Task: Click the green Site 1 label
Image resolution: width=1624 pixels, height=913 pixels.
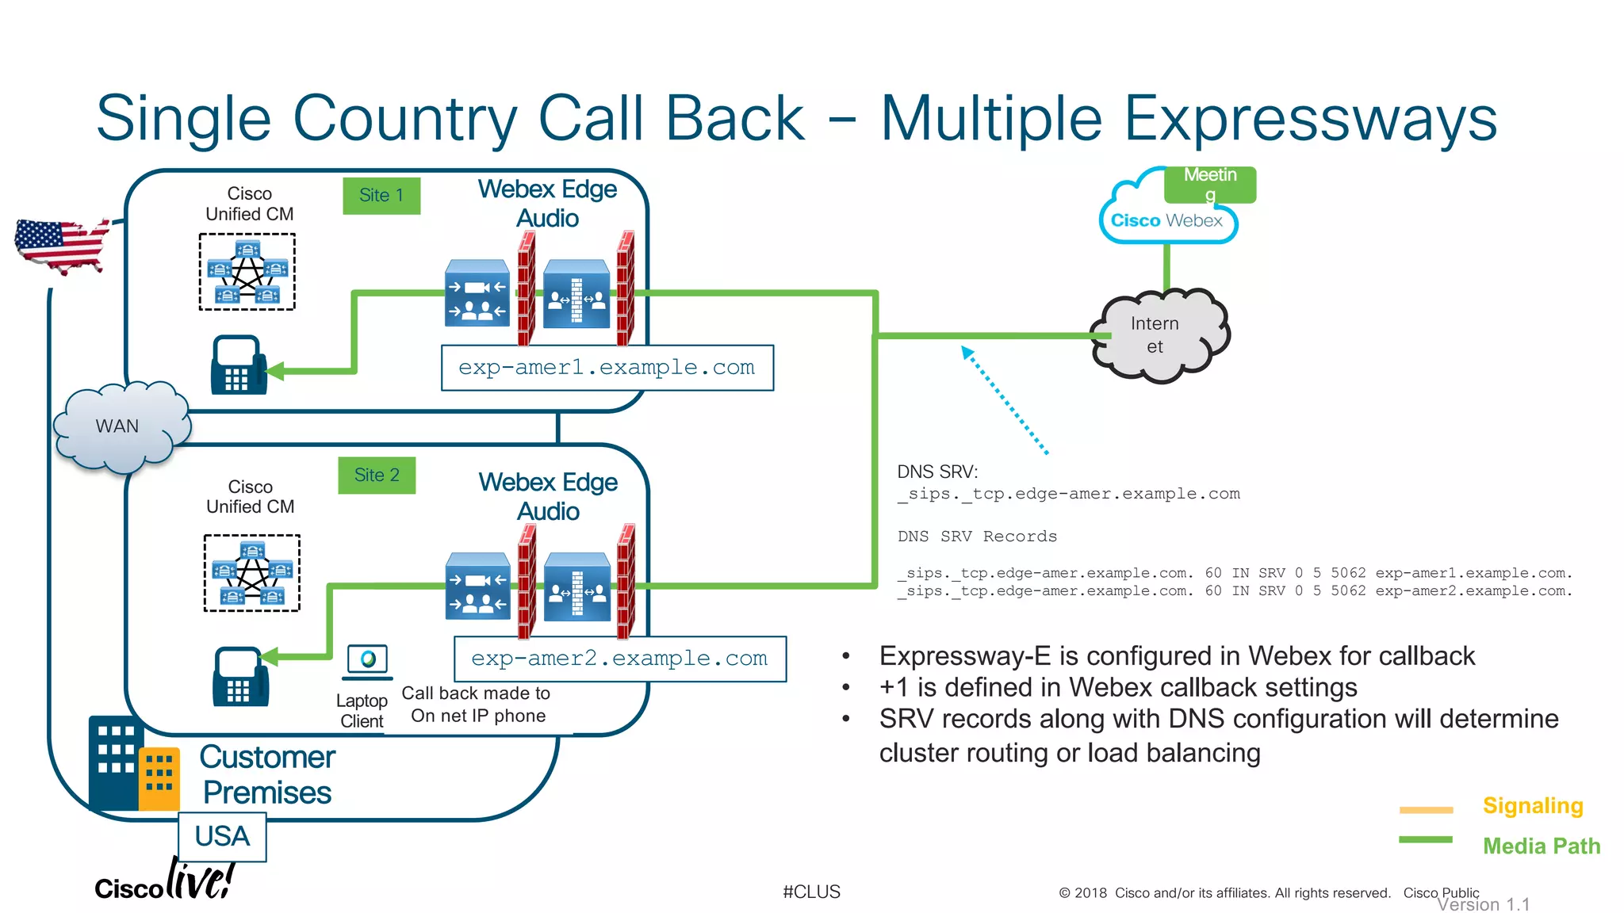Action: point(381,196)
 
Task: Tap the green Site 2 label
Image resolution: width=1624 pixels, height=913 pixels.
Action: point(377,476)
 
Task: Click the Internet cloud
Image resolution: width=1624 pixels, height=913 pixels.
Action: point(1159,336)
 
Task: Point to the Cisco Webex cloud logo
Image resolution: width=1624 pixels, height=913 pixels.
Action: point(1166,221)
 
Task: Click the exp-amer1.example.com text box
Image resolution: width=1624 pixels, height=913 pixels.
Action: point(607,368)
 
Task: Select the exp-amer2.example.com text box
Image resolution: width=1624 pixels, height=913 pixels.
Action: point(619,659)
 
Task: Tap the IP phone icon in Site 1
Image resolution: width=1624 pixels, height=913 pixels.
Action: point(237,365)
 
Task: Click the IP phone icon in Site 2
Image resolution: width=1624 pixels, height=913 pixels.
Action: point(239,678)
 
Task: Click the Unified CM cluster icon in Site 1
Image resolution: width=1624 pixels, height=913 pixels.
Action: point(247,272)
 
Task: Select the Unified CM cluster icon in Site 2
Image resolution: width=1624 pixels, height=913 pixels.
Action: point(252,573)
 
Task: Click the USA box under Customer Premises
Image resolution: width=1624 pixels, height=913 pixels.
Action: point(222,837)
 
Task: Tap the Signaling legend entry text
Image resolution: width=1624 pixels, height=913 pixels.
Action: point(1532,806)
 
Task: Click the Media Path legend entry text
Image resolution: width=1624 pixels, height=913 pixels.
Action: point(1541,846)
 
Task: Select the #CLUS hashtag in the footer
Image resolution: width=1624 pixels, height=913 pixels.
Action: point(811,892)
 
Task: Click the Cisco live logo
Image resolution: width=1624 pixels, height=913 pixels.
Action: point(165,881)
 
